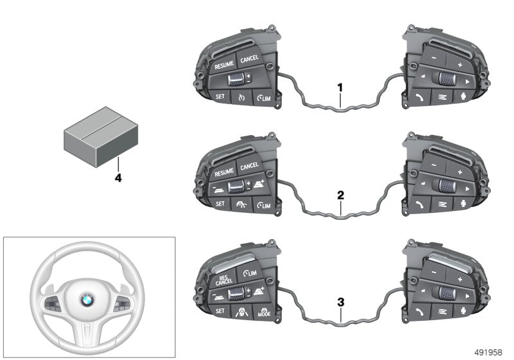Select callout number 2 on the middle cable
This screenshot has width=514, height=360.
click(x=341, y=193)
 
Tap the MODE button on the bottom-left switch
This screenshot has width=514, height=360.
click(x=263, y=315)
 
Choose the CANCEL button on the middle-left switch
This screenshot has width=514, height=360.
click(x=249, y=168)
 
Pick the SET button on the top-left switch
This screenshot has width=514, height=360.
click(x=219, y=96)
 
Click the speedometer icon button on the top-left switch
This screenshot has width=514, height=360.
click(x=242, y=98)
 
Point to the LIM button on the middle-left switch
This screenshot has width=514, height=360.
click(x=263, y=206)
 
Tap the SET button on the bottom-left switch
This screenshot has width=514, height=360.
click(x=219, y=312)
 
